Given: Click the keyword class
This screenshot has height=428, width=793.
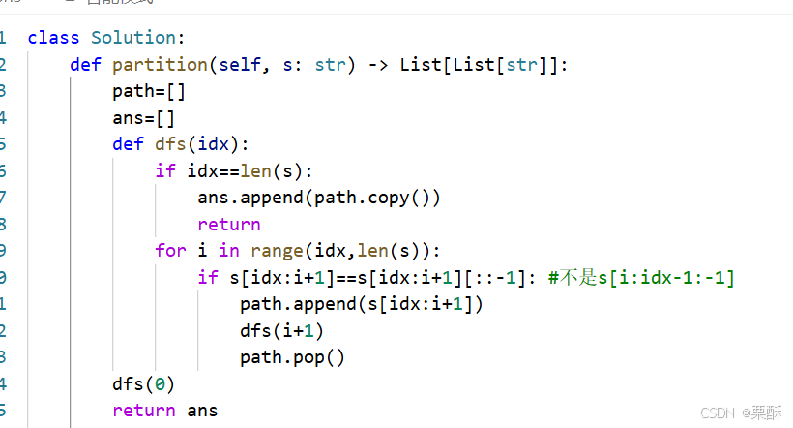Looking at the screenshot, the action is [x=54, y=38].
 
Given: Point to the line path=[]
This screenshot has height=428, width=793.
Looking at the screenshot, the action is [x=148, y=92].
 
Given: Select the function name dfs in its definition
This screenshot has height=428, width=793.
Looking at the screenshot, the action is [x=170, y=145].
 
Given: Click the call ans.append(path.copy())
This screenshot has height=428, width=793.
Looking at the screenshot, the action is [x=318, y=198].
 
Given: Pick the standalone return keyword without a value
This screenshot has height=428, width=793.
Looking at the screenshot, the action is [x=228, y=225].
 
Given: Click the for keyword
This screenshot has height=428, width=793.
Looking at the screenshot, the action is [x=169, y=251].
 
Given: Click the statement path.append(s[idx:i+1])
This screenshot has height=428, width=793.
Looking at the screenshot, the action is [x=361, y=304].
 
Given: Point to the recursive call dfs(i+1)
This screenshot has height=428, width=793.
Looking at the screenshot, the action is [x=281, y=330].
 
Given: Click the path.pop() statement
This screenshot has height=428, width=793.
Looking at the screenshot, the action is [x=292, y=357].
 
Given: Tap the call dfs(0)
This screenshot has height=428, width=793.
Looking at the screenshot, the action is [x=143, y=383].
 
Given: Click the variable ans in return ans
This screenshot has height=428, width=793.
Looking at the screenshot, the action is [x=202, y=411].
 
